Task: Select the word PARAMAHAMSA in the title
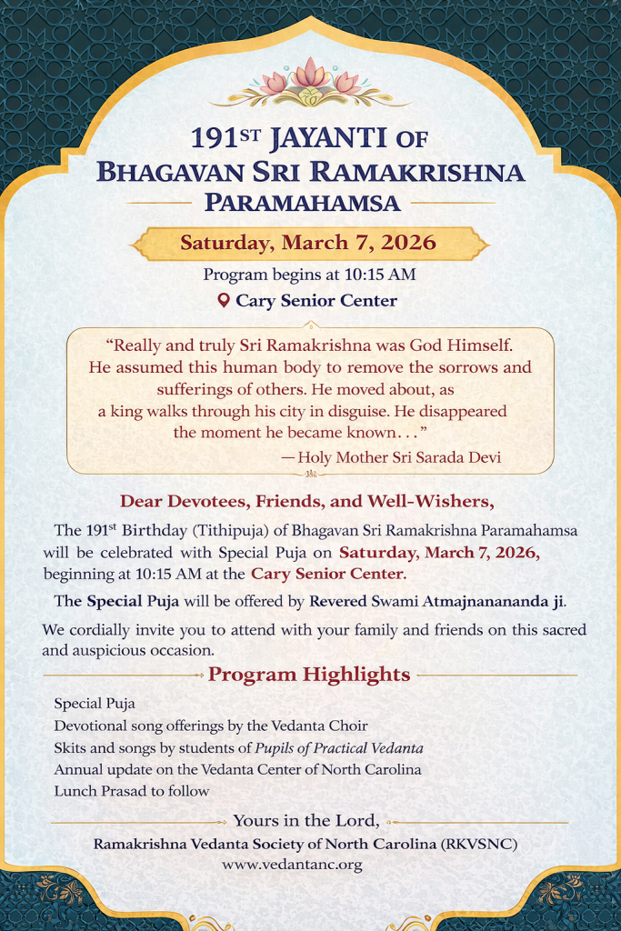[x=303, y=201]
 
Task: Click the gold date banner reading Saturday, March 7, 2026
[x=308, y=243]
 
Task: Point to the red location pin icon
[x=224, y=300]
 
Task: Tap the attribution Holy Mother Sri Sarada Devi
[x=399, y=457]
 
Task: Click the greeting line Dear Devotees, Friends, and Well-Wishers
[x=307, y=501]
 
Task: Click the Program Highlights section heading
[x=309, y=675]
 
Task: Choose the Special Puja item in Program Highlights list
[x=95, y=704]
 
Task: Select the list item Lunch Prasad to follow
[x=132, y=791]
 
